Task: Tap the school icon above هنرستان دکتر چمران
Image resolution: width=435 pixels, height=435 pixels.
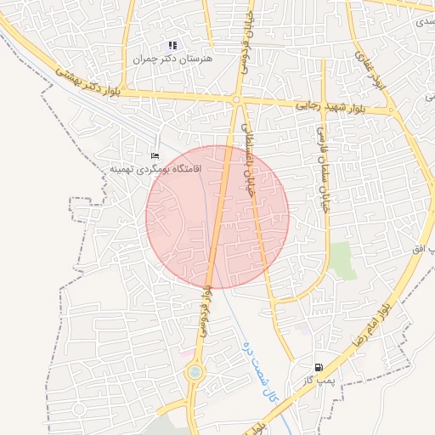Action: click(x=172, y=45)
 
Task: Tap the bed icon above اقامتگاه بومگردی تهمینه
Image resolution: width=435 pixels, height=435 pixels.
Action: click(x=154, y=155)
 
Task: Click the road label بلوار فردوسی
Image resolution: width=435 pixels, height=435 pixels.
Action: click(x=206, y=307)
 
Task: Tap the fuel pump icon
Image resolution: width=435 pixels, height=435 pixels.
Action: click(x=319, y=366)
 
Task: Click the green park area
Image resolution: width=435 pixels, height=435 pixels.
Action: click(x=342, y=259)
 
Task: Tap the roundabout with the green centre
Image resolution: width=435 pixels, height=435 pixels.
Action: click(x=195, y=371)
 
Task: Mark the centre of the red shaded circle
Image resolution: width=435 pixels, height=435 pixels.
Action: click(x=217, y=217)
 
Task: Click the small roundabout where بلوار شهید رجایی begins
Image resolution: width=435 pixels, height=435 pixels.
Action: click(x=235, y=100)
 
